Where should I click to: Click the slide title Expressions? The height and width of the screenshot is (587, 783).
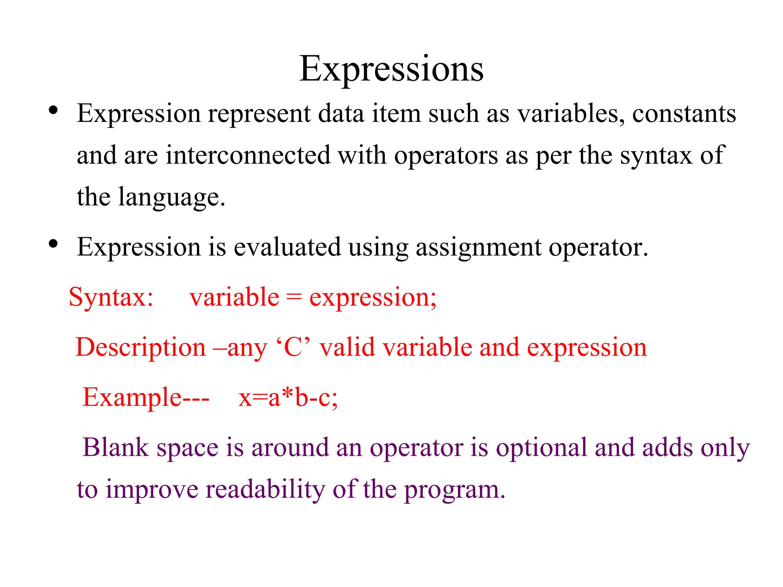click(x=391, y=69)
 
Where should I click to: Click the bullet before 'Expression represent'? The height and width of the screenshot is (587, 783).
click(x=53, y=110)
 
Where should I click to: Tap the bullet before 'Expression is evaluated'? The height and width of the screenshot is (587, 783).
click(x=53, y=243)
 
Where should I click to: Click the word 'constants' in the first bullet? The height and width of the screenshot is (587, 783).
click(x=684, y=114)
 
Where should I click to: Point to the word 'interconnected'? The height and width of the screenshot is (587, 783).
click(x=248, y=156)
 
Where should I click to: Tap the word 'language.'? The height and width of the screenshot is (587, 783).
click(x=172, y=198)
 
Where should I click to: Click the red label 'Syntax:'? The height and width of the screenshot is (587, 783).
click(x=111, y=297)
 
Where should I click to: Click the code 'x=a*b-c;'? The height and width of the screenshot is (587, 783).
click(x=288, y=397)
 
